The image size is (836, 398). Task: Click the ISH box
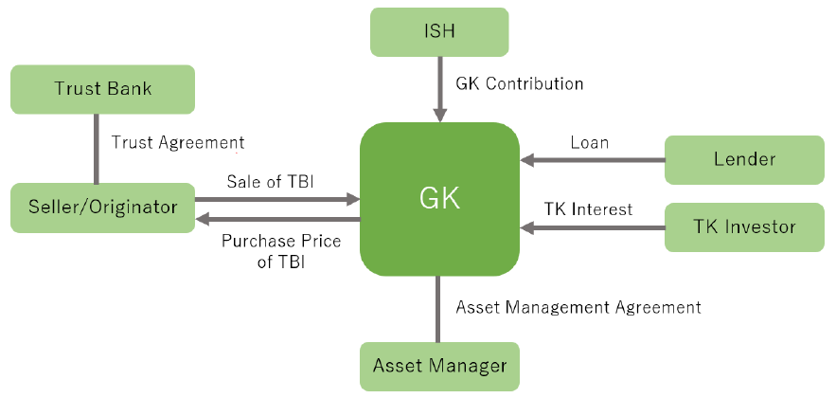tap(439, 31)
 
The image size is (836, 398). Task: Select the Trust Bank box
tap(102, 89)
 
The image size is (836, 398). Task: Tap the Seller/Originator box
tap(102, 207)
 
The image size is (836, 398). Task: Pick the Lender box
tap(743, 159)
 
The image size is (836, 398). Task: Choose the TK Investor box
tap(743, 226)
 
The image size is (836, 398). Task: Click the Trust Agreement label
tap(178, 142)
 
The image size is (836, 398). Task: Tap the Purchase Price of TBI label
tap(281, 251)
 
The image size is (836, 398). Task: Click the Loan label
tap(589, 143)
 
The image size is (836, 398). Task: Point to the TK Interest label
tap(588, 208)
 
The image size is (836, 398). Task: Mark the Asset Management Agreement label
tap(578, 307)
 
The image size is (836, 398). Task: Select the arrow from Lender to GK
tap(593, 160)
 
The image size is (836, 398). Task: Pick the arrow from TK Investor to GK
tap(593, 227)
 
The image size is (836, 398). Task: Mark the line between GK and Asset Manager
tap(439, 309)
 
